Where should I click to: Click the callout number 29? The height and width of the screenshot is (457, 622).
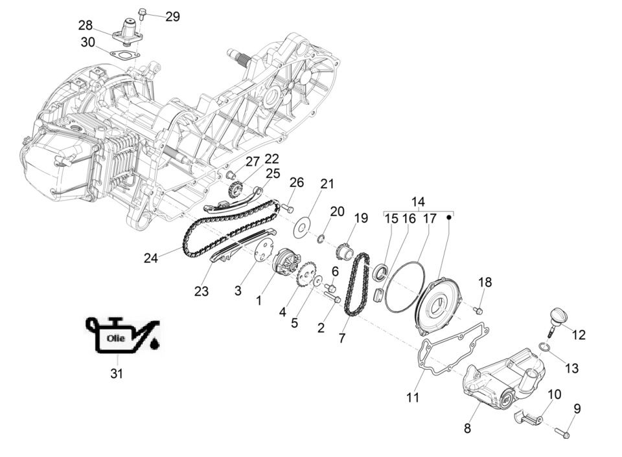[x=172, y=17]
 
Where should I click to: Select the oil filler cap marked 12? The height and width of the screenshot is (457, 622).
[x=556, y=318]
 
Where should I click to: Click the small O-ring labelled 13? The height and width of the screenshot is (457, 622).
[x=546, y=350]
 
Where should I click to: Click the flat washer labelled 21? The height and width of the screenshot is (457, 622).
[x=302, y=228]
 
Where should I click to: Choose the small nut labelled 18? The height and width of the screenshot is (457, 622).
[x=479, y=311]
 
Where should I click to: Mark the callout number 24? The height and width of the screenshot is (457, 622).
[x=151, y=258]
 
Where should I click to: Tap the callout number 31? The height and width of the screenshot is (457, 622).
[x=117, y=373]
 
